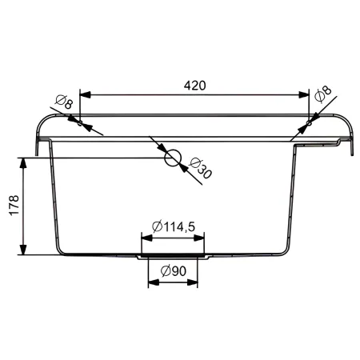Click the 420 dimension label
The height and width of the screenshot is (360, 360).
(x=195, y=86)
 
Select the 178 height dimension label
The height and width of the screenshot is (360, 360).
(x=14, y=205)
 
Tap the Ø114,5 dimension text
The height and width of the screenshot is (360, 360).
(x=174, y=226)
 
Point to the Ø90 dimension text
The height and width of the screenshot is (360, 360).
(x=174, y=271)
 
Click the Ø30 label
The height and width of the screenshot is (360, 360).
(x=200, y=168)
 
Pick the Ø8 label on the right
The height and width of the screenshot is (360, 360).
(x=322, y=94)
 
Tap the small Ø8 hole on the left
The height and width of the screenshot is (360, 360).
(x=80, y=123)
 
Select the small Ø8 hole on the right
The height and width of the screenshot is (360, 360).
(x=309, y=123)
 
